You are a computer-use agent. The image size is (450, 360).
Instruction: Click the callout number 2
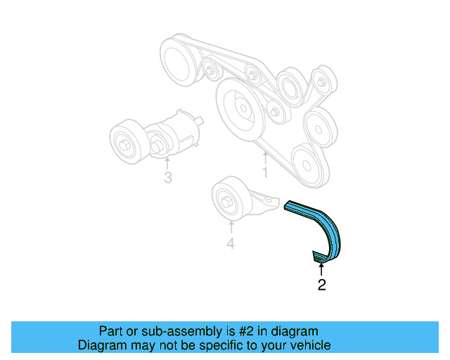321,285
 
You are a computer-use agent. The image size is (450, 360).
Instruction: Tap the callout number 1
265,171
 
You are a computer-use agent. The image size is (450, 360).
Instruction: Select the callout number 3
167,177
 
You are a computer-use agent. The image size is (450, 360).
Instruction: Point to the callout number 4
230,244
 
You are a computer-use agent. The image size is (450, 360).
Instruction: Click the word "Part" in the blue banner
111,330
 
